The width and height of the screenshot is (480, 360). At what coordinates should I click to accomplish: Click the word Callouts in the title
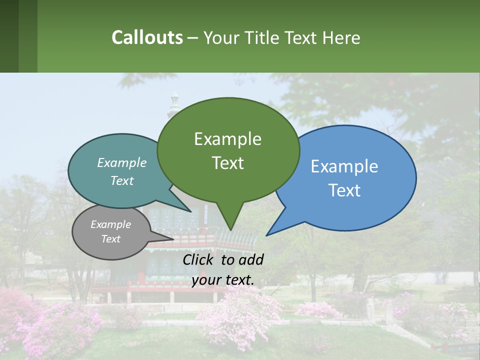coord(147,37)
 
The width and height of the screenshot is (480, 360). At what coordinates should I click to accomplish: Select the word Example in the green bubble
coord(227,139)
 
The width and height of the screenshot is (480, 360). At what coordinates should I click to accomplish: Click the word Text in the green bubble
coord(227,163)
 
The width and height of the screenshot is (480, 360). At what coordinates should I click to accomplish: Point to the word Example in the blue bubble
coord(344,166)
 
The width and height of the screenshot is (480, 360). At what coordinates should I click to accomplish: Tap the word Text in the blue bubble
coord(344,190)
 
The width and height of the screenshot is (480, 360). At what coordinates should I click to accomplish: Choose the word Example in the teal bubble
coord(122,162)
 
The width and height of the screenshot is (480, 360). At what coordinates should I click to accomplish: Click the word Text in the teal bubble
coord(122,180)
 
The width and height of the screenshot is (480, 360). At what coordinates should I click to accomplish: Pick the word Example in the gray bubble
coord(110,224)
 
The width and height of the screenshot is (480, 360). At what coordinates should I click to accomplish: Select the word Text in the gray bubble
coord(110,239)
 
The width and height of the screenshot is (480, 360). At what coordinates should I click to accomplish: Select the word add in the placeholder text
coord(250,259)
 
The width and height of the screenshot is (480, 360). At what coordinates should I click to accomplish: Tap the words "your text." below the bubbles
coord(223,280)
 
